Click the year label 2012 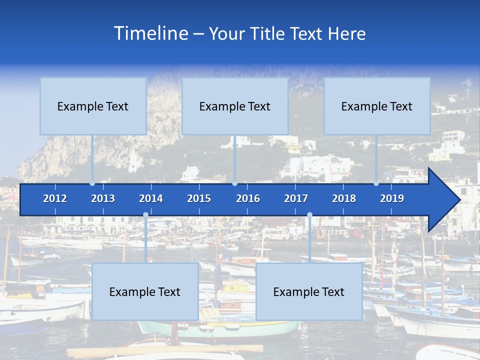click(x=55, y=198)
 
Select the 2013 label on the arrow click(x=103, y=198)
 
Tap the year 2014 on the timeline click(x=151, y=198)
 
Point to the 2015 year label click(x=199, y=198)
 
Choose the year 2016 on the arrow click(x=248, y=198)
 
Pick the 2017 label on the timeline click(x=296, y=198)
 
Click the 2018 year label click(x=344, y=198)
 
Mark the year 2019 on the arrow click(x=392, y=198)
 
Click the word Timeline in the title click(x=150, y=33)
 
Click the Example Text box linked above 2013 click(x=93, y=106)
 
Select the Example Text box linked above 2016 click(x=235, y=106)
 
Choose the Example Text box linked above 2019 click(x=377, y=106)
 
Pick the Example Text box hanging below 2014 click(x=145, y=291)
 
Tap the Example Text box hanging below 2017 click(x=309, y=291)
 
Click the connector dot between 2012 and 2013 click(x=92, y=183)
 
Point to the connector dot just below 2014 click(x=145, y=215)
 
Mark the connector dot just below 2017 click(x=309, y=215)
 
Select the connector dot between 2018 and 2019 click(x=376, y=183)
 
